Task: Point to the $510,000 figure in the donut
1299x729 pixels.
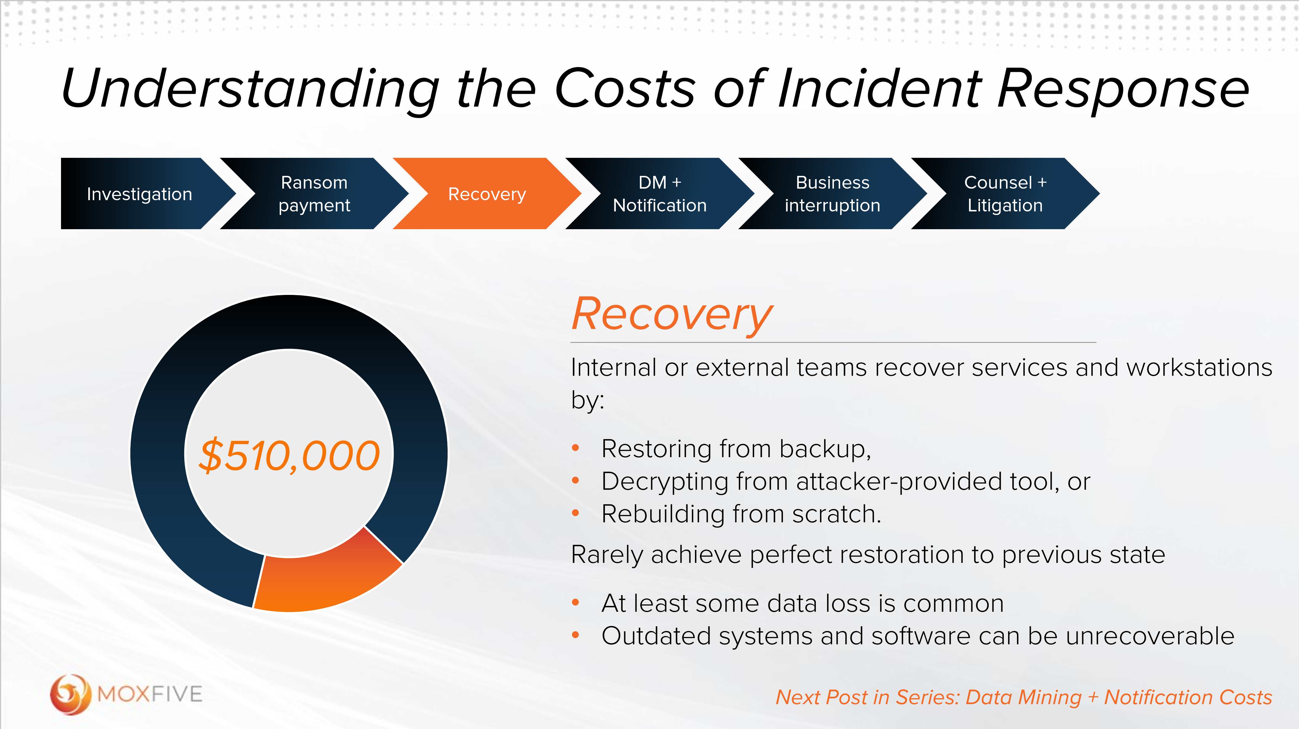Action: pyautogui.click(x=289, y=455)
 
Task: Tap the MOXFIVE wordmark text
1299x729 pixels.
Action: pyautogui.click(x=150, y=695)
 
